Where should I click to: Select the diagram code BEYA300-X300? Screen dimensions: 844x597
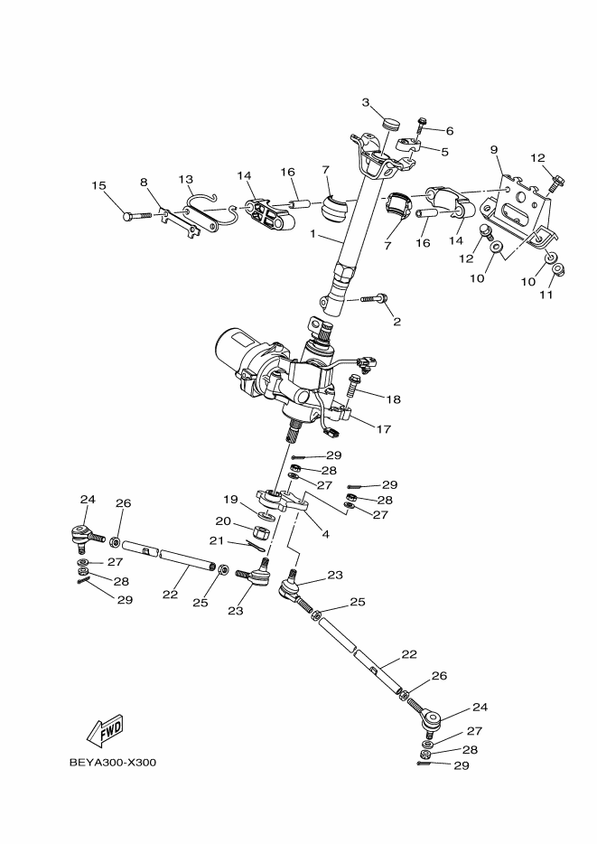[x=113, y=763]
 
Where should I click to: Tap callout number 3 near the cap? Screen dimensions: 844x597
[x=366, y=103]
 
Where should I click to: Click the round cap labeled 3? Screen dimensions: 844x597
[x=389, y=123]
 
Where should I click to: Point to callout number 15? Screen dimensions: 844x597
[x=98, y=186]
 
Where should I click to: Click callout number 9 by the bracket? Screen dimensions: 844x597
[x=494, y=149]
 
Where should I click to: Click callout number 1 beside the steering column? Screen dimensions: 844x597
[x=313, y=233]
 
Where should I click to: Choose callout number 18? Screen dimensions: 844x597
[x=394, y=399]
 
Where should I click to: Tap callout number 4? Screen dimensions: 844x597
[x=324, y=534]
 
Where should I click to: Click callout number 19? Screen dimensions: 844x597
[x=230, y=499]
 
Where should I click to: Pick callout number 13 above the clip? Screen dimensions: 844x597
[x=186, y=179]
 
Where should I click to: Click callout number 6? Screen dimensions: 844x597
[x=449, y=132]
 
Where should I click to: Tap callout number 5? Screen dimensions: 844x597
[x=443, y=152]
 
